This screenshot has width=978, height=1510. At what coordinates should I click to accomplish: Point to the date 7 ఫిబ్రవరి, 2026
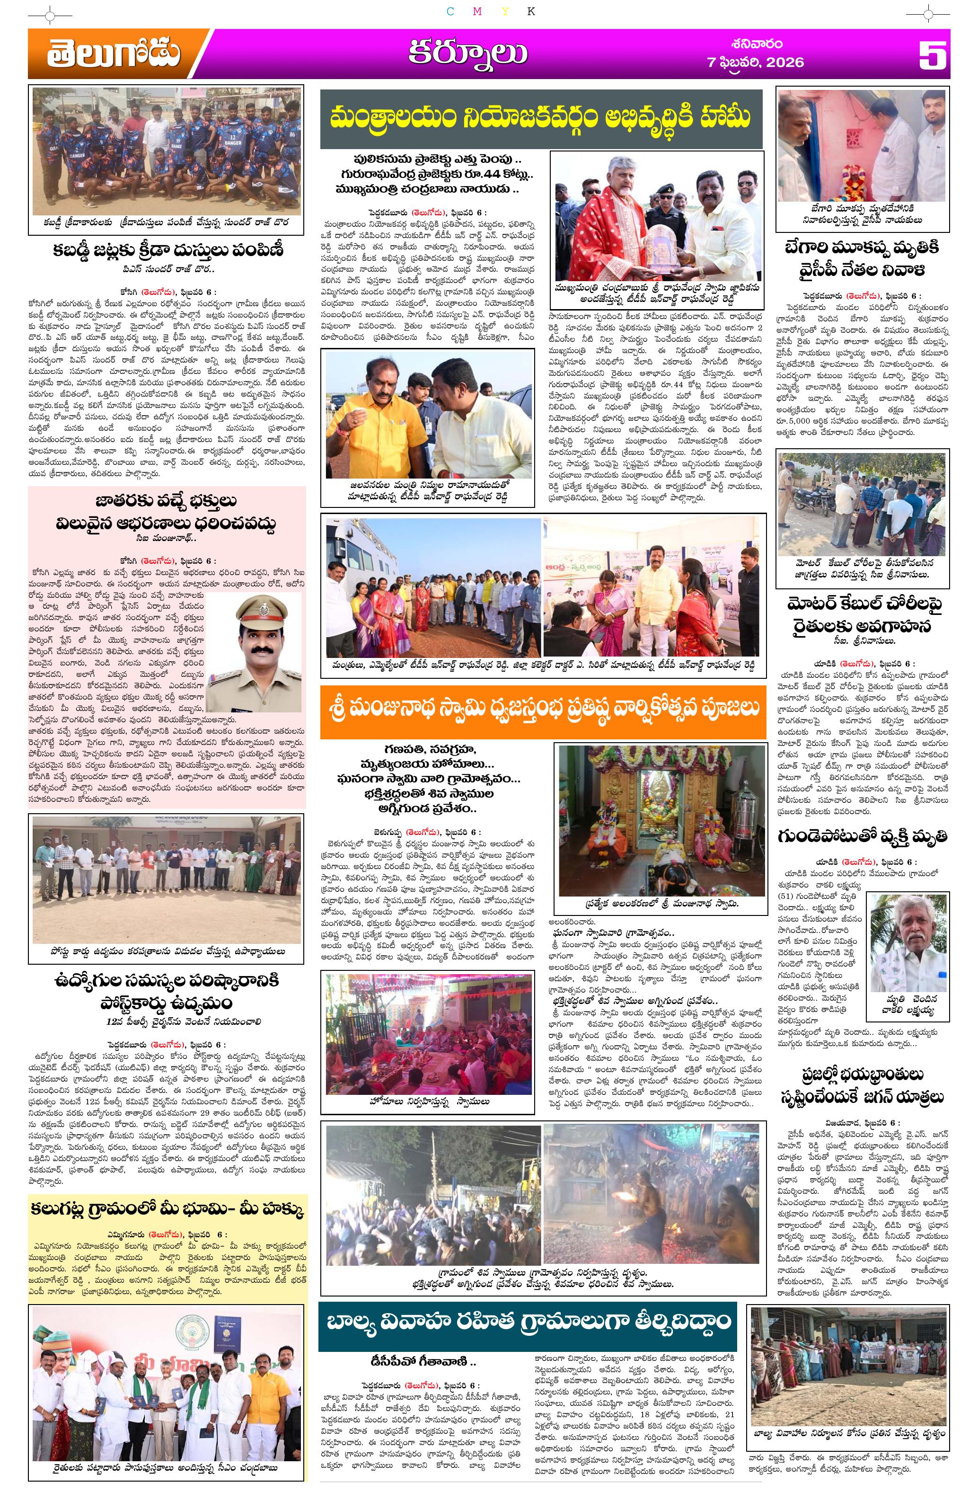(755, 62)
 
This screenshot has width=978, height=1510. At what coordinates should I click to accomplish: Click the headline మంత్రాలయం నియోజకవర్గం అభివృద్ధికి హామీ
(540, 118)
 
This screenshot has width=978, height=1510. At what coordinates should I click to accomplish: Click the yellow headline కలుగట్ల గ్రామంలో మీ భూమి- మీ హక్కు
(167, 1208)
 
